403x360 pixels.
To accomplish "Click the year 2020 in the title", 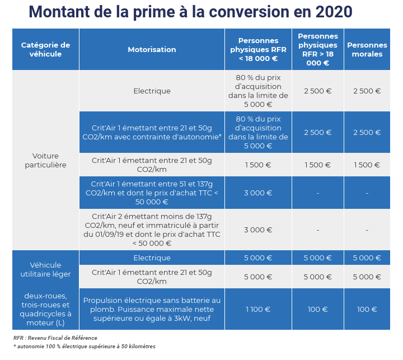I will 333,12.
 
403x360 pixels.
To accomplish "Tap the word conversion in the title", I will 241,12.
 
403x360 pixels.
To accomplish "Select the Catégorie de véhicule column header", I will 45,49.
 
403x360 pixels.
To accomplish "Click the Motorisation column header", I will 152,49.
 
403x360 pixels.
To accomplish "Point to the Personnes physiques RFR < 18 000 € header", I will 258,49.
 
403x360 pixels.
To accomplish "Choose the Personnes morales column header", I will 367,49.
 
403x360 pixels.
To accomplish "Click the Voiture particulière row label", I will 45,160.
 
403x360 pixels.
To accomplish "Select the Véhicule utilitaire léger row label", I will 45,269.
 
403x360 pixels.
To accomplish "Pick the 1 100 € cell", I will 258,309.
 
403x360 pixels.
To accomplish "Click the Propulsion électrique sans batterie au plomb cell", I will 152,309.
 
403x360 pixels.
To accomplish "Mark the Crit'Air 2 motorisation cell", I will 152,230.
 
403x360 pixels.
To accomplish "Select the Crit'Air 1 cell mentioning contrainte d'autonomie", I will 152,132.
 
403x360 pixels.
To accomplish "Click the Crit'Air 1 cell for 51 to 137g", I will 152,193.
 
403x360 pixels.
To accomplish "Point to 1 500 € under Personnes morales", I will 367,165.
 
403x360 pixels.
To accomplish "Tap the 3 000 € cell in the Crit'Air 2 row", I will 258,230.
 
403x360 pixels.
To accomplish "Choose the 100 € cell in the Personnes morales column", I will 367,309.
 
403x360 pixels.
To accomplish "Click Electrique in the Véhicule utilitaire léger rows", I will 152,258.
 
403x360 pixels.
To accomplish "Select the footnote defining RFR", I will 55,338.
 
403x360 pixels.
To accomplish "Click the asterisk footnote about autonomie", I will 85,347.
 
